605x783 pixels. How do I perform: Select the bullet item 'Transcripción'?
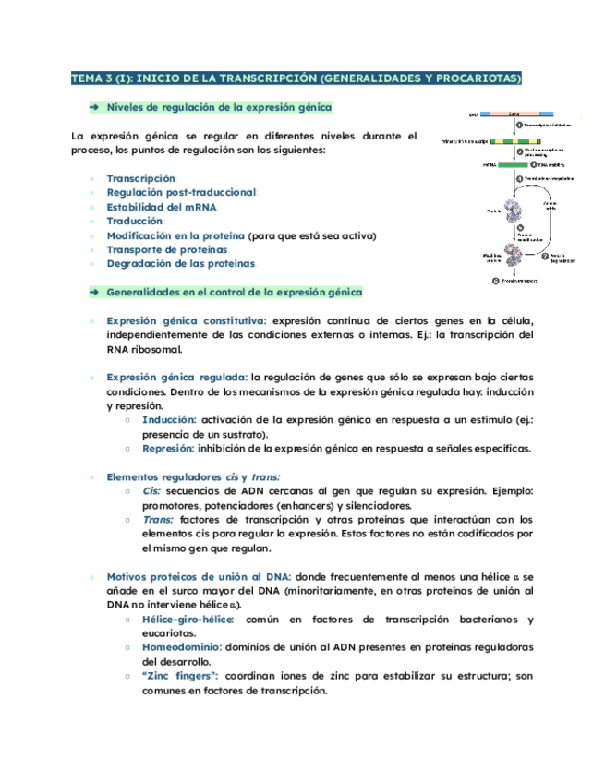(140, 178)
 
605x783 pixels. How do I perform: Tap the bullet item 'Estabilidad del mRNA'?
(162, 207)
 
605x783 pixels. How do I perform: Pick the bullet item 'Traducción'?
(134, 221)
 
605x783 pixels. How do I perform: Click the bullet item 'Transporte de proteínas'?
(166, 249)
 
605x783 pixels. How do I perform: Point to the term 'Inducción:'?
(169, 419)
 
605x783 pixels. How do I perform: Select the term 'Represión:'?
(169, 449)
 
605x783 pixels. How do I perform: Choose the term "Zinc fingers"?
(180, 676)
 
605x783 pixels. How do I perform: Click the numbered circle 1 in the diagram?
(519, 125)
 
